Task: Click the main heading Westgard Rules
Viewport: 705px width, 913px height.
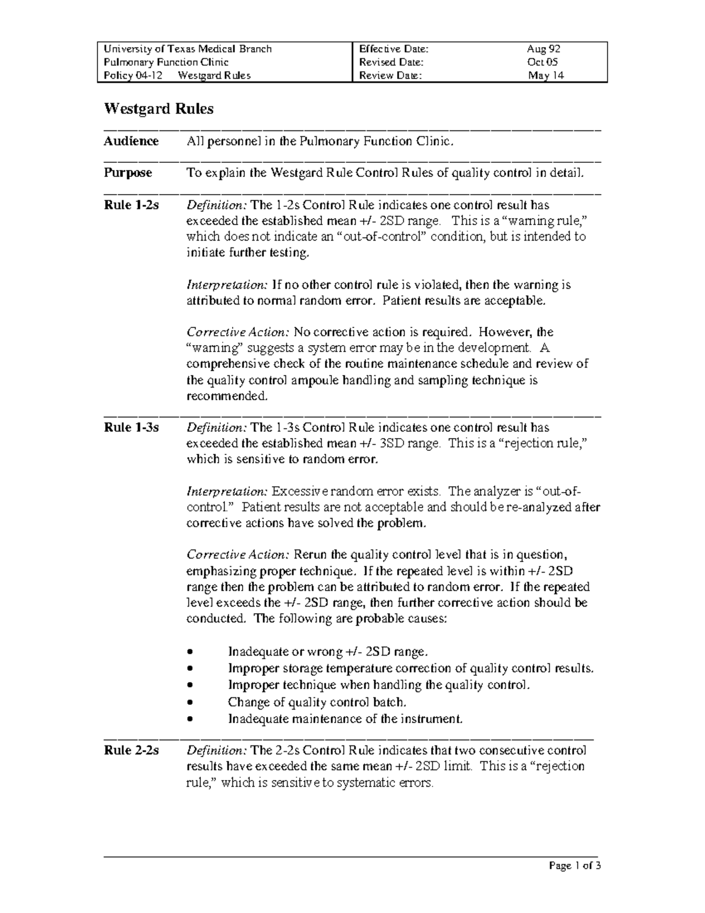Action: (x=159, y=109)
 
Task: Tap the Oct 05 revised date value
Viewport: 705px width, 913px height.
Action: (x=543, y=62)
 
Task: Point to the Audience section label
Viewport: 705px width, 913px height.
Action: (x=131, y=141)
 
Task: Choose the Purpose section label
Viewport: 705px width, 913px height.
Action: (x=127, y=173)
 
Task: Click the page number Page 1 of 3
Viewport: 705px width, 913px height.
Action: (x=575, y=866)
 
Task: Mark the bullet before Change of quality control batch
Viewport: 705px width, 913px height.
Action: (x=189, y=703)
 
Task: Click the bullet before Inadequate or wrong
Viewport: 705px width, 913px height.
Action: (x=189, y=652)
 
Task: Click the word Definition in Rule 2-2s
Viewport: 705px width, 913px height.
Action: (x=217, y=750)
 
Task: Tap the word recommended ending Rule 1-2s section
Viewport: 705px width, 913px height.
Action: (x=227, y=396)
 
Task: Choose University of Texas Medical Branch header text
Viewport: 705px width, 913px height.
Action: (x=187, y=49)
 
